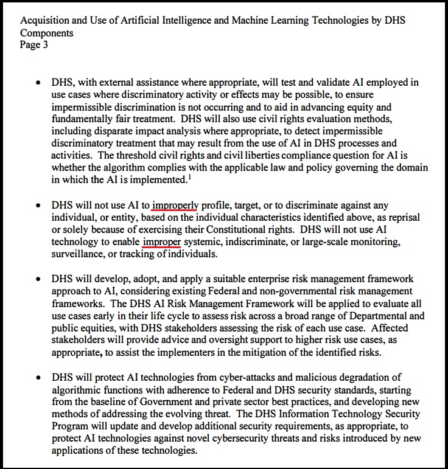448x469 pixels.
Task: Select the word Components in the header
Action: point(47,33)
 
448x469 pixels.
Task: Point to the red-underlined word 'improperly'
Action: point(175,206)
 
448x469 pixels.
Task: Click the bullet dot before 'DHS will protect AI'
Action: point(39,378)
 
